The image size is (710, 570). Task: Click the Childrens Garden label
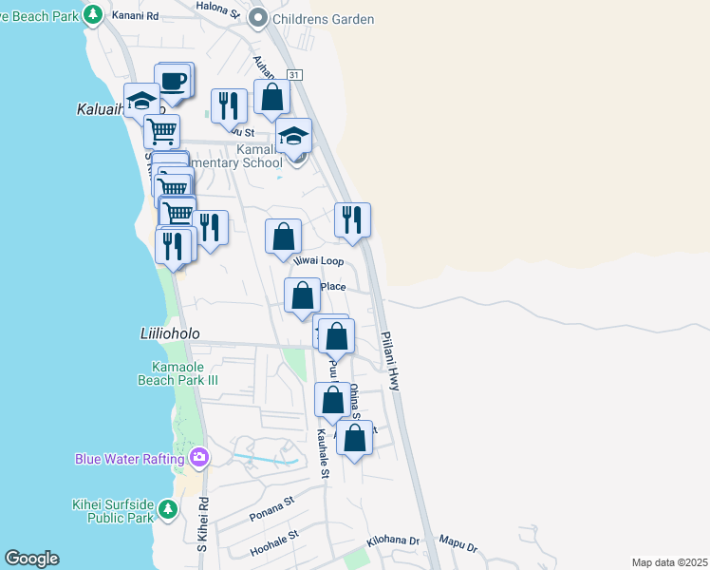click(323, 19)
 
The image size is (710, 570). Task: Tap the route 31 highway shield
click(295, 74)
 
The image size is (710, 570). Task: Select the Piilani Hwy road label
click(390, 359)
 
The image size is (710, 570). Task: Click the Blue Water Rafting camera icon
click(199, 459)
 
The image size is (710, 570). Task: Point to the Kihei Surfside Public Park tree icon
click(168, 510)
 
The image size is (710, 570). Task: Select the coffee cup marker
click(173, 82)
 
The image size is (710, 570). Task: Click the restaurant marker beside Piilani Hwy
click(352, 220)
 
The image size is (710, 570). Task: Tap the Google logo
click(31, 559)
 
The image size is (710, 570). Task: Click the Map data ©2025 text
click(669, 562)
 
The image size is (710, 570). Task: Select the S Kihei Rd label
click(201, 526)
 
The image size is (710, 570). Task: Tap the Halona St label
click(218, 6)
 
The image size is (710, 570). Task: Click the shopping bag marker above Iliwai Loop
click(283, 237)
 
